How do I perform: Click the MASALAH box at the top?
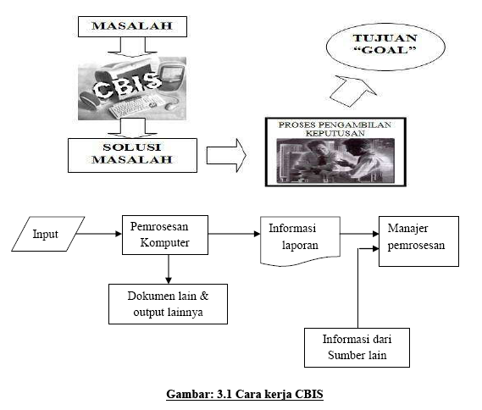pos(131,26)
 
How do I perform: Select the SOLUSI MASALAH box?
pos(131,155)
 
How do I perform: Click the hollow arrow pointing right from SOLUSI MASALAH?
pos(225,156)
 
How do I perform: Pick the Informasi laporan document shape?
pos(299,238)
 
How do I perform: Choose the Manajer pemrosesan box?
pos(418,241)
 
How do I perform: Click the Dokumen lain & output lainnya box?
pos(167,304)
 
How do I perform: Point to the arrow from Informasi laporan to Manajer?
pos(358,233)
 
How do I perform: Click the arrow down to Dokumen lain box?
pos(169,269)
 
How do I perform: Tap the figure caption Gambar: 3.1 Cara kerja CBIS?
pos(241,394)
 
